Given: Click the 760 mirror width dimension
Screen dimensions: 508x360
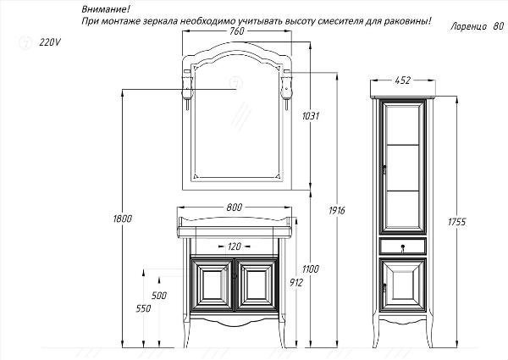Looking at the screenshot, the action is pos(237,31).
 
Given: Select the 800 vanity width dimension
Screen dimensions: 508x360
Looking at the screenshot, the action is pos(235,207).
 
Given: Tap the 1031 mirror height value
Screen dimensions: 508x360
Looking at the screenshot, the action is pos(311,116).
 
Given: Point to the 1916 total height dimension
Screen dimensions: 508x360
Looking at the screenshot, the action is pos(337,211).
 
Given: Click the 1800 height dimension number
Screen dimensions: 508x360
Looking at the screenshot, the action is pos(123,219).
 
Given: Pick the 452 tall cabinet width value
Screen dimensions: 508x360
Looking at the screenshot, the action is pos(403,80).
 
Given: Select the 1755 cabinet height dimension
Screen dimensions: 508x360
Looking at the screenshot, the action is pos(457,222).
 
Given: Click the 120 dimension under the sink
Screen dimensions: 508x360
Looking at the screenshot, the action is pos(235,246).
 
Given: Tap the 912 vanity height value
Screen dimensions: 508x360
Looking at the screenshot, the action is pos(295,283).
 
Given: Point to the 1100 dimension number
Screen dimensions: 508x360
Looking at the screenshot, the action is pos(311,269).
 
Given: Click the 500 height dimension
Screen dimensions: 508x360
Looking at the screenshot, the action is pos(159,295).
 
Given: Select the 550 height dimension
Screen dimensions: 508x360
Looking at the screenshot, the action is pos(143,308).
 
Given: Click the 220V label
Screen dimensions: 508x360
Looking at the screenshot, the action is pos(50,42).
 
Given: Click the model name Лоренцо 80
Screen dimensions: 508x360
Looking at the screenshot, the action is pos(477,26).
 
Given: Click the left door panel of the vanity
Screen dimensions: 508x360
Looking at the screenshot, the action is pos(212,285).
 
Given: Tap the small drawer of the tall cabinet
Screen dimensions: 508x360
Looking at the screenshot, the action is pos(402,246).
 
